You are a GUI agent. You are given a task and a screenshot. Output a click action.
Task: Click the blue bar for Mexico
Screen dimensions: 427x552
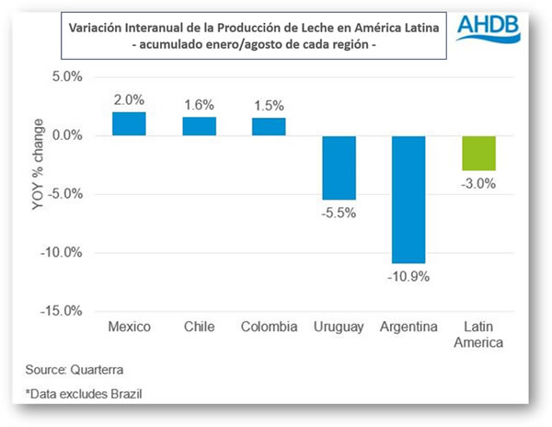(x=130, y=124)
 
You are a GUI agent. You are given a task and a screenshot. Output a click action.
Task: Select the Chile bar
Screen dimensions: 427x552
(x=200, y=126)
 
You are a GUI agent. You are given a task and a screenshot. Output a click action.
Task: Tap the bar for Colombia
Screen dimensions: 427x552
(x=269, y=127)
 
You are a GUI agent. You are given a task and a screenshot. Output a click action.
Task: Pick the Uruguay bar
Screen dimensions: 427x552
(x=339, y=167)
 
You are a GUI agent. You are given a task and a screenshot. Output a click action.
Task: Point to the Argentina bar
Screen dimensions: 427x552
(x=408, y=199)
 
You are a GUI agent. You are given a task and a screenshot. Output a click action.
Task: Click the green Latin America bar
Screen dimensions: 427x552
(x=478, y=153)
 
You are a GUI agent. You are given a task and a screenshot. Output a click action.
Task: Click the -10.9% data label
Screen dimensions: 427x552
(x=408, y=275)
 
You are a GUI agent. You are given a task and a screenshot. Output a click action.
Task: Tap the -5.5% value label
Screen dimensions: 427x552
(x=339, y=213)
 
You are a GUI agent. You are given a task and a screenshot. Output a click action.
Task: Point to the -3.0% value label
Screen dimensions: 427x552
(x=478, y=183)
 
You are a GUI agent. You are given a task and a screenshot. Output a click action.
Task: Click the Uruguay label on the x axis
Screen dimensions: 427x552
(x=339, y=328)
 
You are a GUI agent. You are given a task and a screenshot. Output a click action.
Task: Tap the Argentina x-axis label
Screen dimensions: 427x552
(x=408, y=328)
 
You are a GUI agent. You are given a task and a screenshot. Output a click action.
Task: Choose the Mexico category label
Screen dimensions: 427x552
(x=130, y=328)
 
